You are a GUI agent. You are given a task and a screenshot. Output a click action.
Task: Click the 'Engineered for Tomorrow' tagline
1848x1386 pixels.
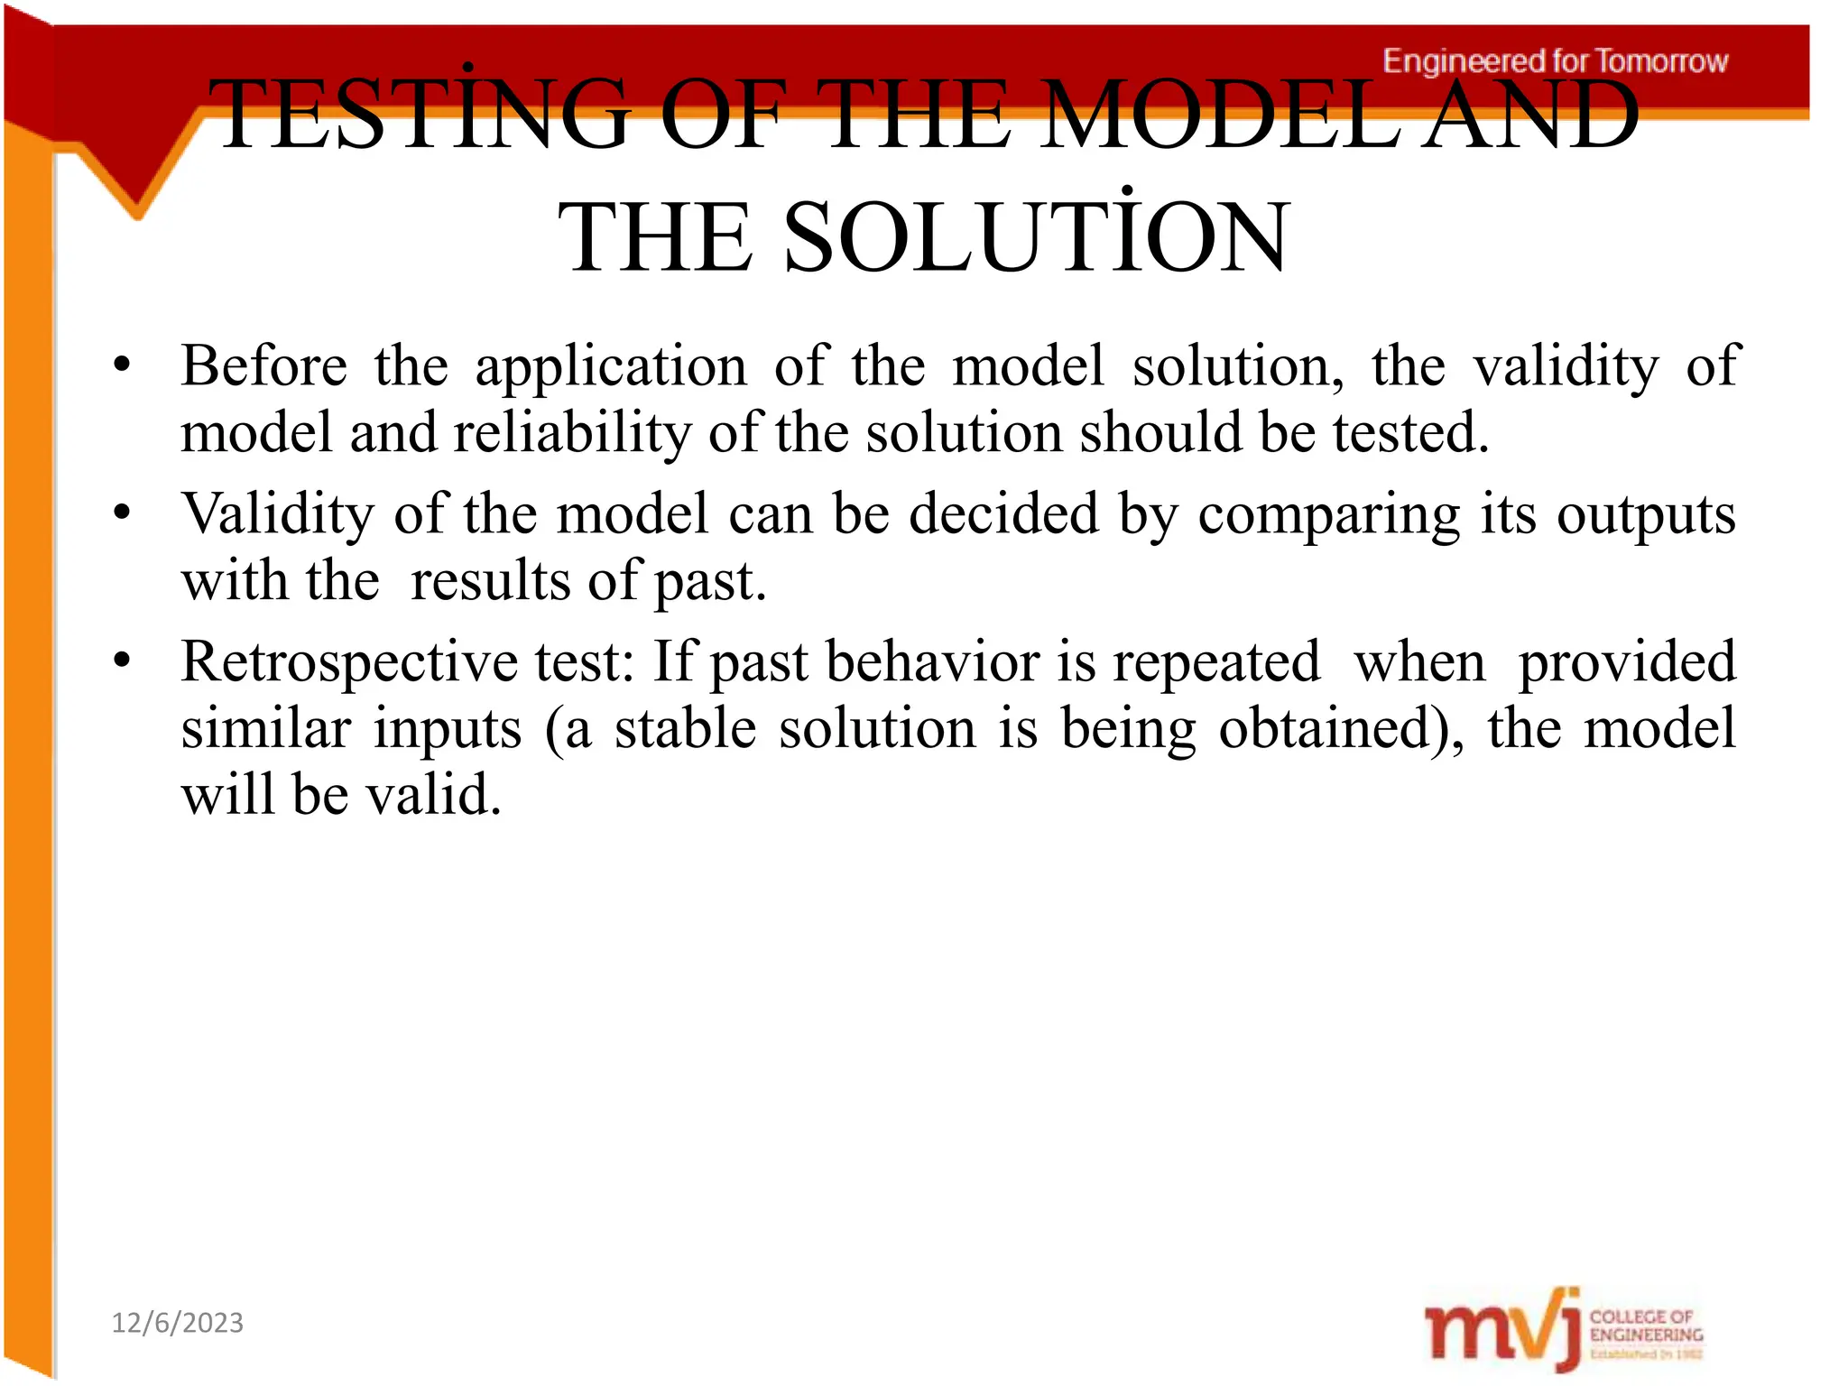pos(1555,61)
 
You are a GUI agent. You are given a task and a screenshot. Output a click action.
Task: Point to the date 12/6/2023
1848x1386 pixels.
pos(178,1323)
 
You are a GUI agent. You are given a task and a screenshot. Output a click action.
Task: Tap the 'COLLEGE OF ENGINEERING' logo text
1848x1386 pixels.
pos(1646,1326)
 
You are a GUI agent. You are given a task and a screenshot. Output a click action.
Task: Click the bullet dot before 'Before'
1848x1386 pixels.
pos(123,366)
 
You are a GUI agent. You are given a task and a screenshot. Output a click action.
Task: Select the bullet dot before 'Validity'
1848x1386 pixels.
pos(123,514)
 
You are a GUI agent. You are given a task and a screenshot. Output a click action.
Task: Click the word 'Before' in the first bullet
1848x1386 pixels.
pos(264,366)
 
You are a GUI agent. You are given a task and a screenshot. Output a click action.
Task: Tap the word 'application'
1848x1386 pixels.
pos(611,368)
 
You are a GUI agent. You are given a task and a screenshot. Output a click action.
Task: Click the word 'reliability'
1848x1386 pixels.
pos(572,433)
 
